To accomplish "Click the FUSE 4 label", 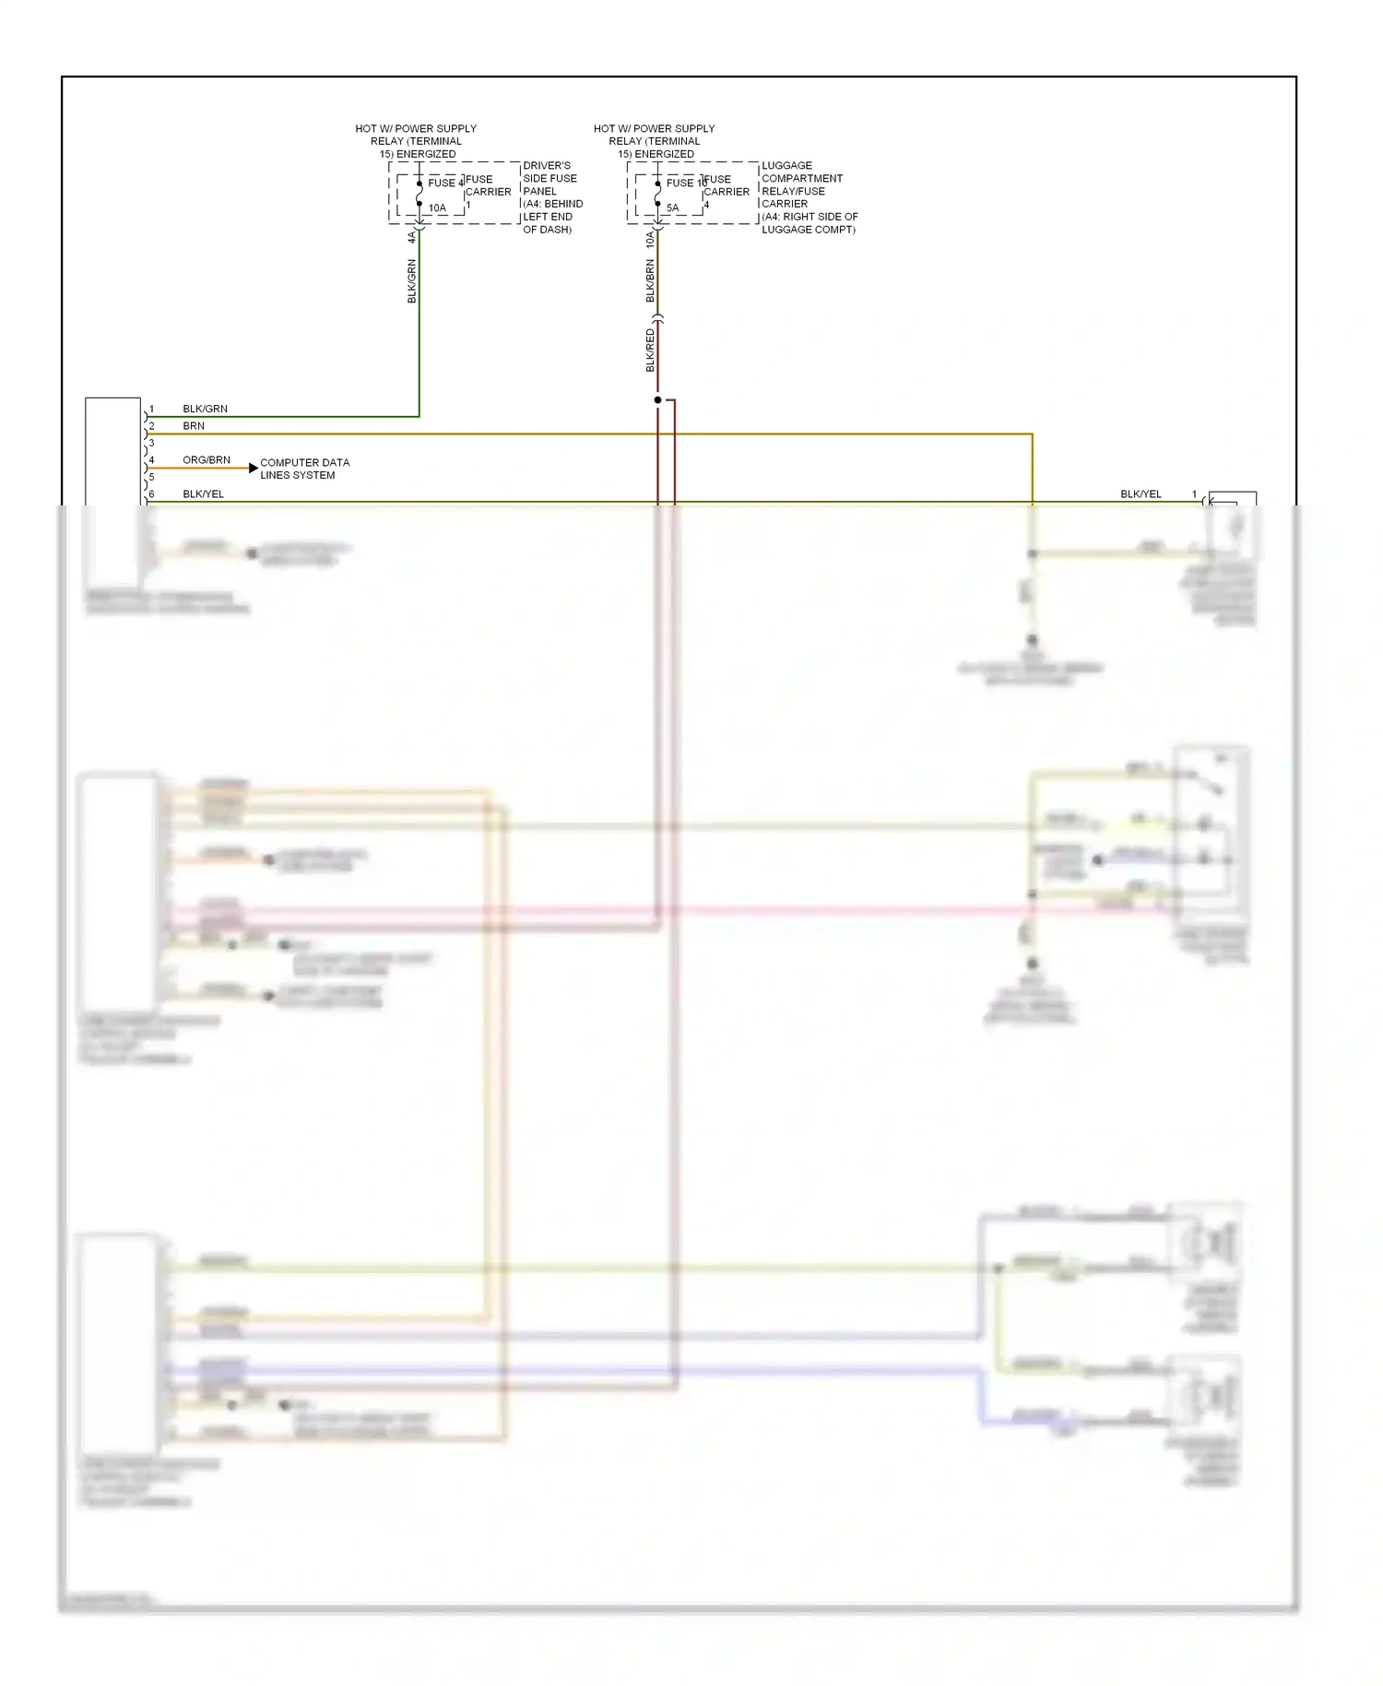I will point(444,183).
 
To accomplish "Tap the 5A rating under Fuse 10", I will point(673,208).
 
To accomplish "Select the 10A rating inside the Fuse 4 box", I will point(437,208).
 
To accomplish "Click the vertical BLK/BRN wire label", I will point(650,280).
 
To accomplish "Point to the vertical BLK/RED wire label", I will point(650,350).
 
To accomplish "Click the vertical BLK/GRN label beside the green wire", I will point(412,281).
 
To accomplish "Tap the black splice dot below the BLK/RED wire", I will point(657,400).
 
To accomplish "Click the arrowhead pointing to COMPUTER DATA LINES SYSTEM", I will point(253,469).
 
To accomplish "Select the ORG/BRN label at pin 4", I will point(207,459).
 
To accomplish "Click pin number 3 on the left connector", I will point(152,443).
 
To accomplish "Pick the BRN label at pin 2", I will point(194,426).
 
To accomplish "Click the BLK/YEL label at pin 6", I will point(203,494).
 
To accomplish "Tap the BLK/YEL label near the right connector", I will point(1141,494).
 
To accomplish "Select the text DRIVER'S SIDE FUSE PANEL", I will point(550,178).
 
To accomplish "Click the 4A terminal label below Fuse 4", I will point(412,238).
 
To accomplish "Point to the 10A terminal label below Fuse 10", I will point(650,240).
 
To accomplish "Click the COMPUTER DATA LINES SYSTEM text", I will point(304,469).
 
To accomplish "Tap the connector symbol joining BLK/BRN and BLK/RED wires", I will point(657,319).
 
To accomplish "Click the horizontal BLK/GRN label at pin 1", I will point(205,409).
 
